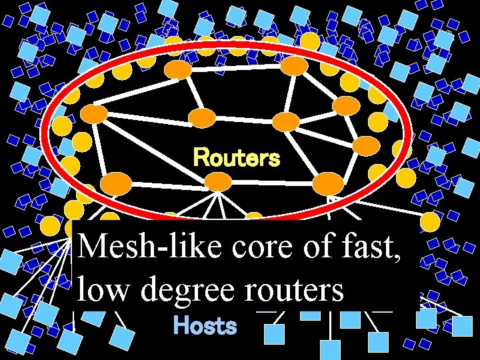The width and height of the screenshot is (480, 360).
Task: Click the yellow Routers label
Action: coord(237,158)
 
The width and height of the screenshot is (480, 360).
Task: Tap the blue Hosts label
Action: coord(205,326)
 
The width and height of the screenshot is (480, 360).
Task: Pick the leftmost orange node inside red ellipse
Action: coord(95,114)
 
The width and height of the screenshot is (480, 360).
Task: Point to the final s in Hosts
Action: coord(231,327)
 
